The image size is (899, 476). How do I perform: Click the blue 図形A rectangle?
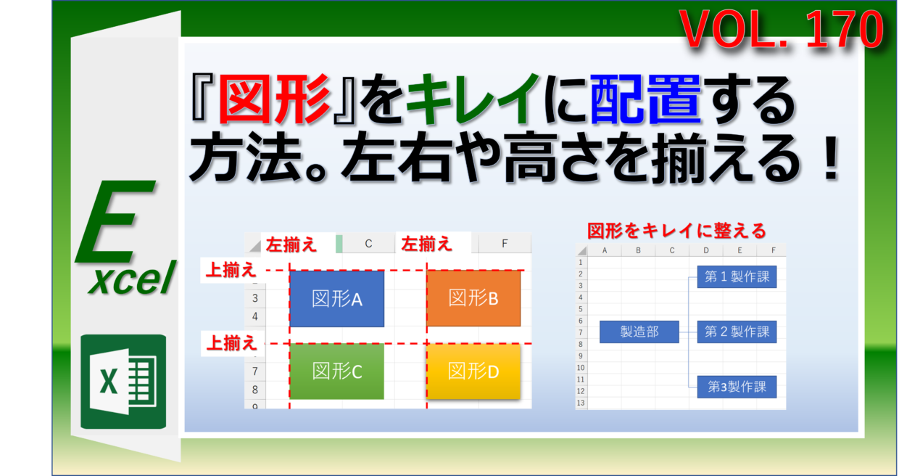336,298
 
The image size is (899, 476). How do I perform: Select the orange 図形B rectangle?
473,298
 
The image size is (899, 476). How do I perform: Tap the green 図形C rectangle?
336,372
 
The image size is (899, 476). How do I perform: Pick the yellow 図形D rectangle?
473,372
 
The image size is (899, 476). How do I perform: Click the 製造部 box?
639,332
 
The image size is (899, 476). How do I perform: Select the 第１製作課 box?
737,276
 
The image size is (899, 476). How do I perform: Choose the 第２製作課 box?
737,332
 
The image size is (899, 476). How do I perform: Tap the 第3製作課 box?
737,387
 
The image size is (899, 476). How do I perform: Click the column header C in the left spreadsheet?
368,244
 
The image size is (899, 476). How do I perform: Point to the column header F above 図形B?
505,244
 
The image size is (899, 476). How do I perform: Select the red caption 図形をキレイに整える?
676,231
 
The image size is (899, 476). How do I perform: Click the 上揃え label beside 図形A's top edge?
231,271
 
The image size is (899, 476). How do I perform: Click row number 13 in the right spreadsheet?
581,403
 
